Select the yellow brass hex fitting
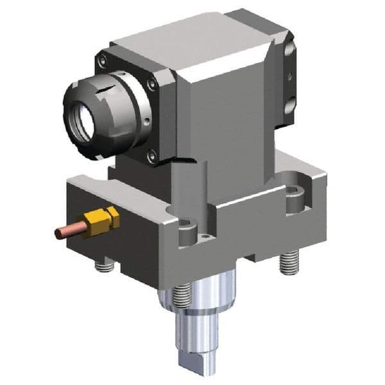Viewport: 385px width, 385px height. pos(103,220)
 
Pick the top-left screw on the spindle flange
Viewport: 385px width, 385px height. pos(102,62)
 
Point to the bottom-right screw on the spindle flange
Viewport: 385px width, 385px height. pos(151,155)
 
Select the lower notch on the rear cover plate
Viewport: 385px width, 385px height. pos(291,103)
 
